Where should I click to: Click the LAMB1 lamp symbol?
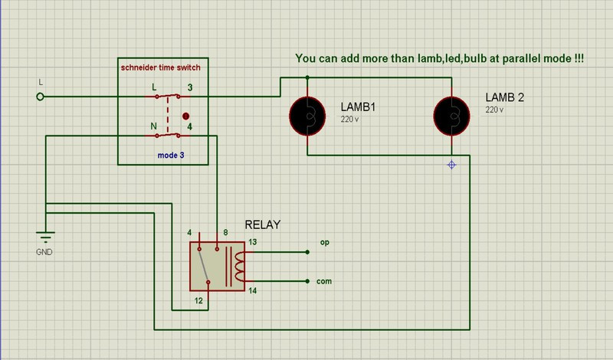[307, 116]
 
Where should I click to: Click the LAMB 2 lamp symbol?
[452, 116]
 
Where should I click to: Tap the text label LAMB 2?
[504, 97]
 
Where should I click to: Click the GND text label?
[45, 252]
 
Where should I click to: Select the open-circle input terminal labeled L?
[41, 97]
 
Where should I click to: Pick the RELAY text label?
[263, 224]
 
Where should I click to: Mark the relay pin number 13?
[254, 242]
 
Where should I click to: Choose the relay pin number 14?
[254, 290]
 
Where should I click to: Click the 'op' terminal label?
[324, 242]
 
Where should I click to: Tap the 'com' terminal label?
[325, 281]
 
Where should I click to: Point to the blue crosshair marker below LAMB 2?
[452, 165]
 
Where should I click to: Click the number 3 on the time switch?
[190, 88]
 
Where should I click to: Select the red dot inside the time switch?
[185, 116]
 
